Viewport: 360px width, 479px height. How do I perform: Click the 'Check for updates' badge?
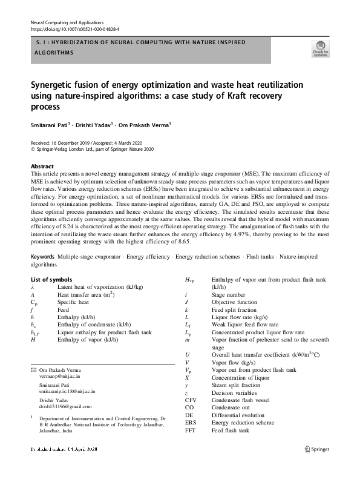[x=320, y=48]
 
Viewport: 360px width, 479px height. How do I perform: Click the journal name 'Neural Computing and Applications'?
[x=67, y=22]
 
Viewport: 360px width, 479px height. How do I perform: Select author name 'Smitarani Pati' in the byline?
[x=50, y=125]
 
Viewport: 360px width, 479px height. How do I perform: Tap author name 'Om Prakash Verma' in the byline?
[x=147, y=125]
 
